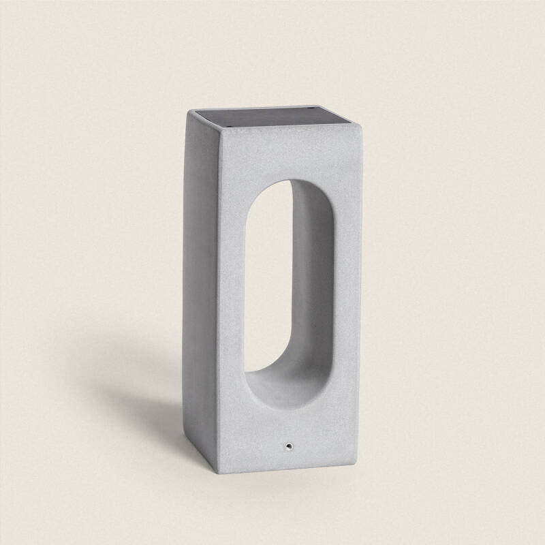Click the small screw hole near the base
(x=290, y=446)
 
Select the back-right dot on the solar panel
(x=315, y=111)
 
